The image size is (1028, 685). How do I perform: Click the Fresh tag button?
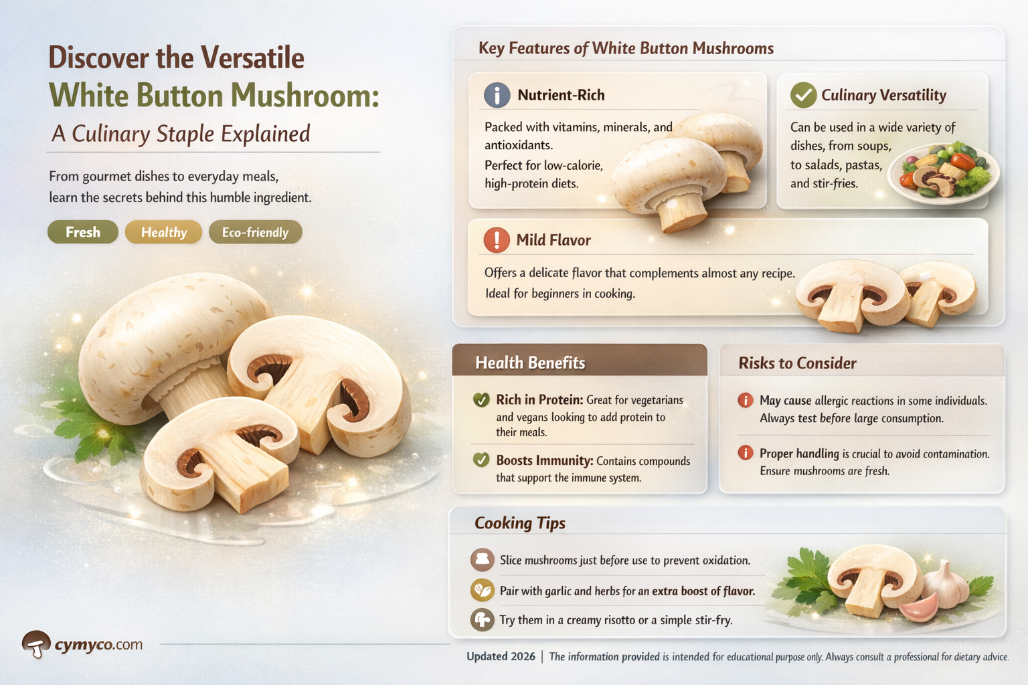point(82,232)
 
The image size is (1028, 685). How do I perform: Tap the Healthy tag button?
point(163,232)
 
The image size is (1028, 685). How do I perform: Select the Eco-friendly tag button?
point(255,232)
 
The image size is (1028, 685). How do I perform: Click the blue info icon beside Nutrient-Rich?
point(497,95)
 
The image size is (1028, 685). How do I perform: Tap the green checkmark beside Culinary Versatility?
point(802,95)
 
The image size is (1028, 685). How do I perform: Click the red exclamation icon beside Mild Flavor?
point(497,239)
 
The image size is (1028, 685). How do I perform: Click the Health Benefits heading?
point(530,363)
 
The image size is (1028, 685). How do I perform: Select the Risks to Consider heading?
point(797,363)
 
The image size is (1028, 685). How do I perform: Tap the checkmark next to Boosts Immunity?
point(481,460)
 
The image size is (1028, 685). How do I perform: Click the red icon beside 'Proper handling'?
point(745,453)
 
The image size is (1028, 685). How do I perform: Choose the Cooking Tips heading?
point(520,523)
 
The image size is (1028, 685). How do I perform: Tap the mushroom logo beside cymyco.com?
point(36,644)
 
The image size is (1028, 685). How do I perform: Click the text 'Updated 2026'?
point(501,656)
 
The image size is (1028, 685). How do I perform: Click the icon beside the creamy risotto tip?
point(482,619)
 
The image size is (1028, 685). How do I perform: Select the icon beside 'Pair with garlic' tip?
point(482,590)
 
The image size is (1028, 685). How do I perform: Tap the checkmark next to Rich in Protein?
point(481,400)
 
